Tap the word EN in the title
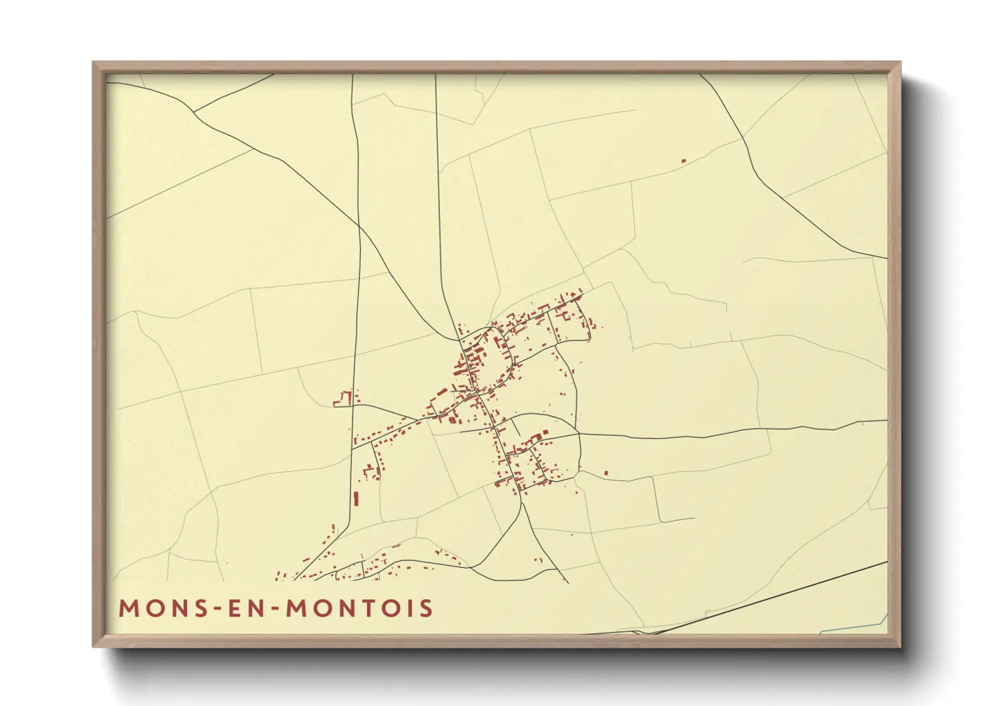pyautogui.click(x=247, y=609)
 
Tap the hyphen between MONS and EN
pyautogui.click(x=214, y=609)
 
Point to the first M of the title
pyautogui.click(x=128, y=609)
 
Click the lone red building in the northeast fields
pyautogui.click(x=684, y=161)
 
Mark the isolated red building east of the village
pyautogui.click(x=606, y=472)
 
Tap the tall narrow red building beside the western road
pyautogui.click(x=356, y=498)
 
